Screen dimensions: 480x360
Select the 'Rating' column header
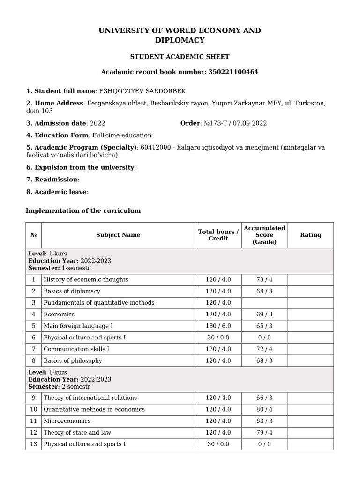(x=310, y=235)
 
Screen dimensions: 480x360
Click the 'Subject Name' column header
(x=118, y=235)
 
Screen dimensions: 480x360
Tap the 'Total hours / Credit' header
(x=218, y=235)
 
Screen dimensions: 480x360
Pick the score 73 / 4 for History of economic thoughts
(x=264, y=280)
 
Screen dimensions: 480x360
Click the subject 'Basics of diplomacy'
(x=72, y=291)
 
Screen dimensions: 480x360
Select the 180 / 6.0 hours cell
(x=218, y=326)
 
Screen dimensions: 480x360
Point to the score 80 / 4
(x=264, y=409)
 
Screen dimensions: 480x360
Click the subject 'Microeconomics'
(x=67, y=421)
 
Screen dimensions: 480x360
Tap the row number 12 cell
(x=33, y=433)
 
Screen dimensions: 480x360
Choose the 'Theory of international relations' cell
(x=90, y=398)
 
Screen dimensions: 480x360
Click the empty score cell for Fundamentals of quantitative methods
(x=264, y=303)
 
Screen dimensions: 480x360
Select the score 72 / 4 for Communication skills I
(x=264, y=349)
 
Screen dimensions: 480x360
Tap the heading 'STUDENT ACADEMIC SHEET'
(x=180, y=57)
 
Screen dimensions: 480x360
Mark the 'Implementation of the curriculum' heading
(x=83, y=211)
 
